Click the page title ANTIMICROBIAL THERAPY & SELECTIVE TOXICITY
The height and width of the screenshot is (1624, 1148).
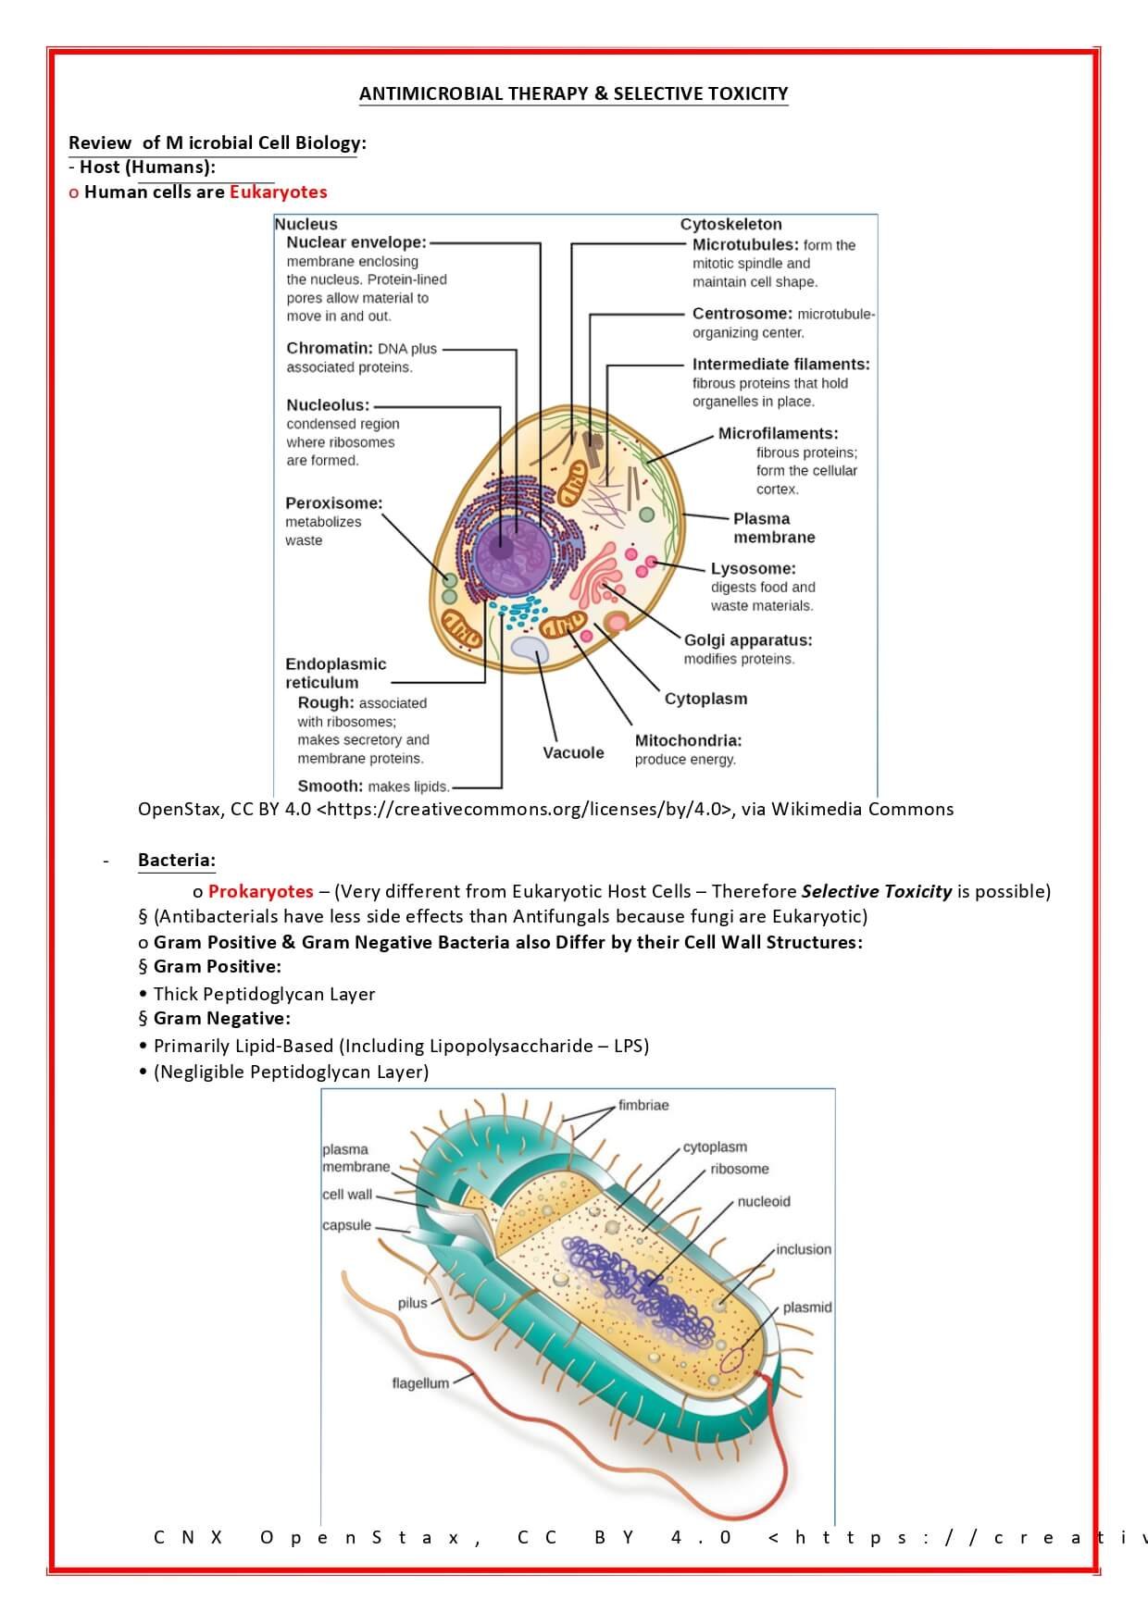click(x=573, y=93)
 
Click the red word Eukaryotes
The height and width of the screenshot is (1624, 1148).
click(x=278, y=192)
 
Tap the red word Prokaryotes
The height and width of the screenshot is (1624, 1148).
click(x=260, y=891)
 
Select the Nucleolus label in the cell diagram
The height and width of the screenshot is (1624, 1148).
click(x=328, y=405)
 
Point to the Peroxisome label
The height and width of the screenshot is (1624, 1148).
click(x=333, y=503)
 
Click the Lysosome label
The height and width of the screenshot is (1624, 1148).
click(x=753, y=568)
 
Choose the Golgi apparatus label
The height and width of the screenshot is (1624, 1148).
click(x=748, y=640)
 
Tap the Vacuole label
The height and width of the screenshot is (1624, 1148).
click(x=573, y=752)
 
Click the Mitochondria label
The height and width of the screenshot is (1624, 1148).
click(x=688, y=740)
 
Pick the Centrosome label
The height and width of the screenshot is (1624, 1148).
click(x=742, y=314)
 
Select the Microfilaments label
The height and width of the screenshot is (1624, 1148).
click(x=778, y=433)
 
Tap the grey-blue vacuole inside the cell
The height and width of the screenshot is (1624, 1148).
click(x=530, y=649)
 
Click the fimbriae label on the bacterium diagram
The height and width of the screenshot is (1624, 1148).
click(x=643, y=1105)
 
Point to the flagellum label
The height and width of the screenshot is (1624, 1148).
click(x=420, y=1383)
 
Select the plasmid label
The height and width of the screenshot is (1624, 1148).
click(x=806, y=1308)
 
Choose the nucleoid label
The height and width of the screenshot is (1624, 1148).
click(x=764, y=1201)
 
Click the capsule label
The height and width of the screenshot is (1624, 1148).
click(x=346, y=1225)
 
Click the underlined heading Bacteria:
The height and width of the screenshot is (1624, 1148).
click(x=176, y=860)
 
